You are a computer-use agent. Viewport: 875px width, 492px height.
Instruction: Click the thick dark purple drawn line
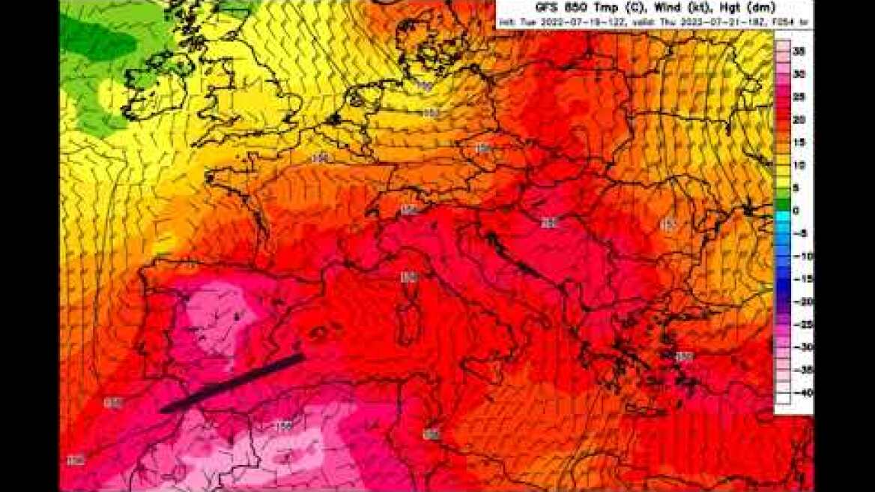click(232, 382)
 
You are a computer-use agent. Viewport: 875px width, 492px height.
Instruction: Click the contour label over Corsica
click(408, 277)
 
